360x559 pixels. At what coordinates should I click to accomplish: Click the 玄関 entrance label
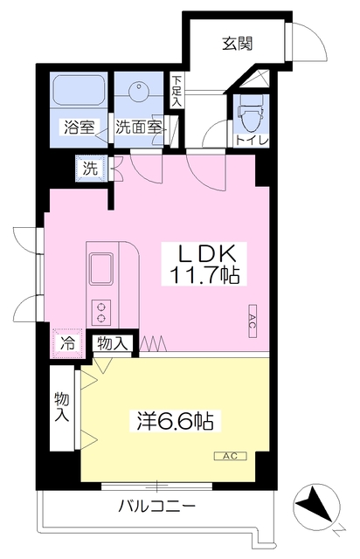pos(237,44)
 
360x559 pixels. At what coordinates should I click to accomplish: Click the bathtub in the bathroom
pos(79,91)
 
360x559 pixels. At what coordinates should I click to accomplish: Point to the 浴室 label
pos(79,128)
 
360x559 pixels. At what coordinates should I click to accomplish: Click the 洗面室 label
pos(138,128)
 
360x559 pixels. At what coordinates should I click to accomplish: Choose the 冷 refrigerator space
pos(66,343)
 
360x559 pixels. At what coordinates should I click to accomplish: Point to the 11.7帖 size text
pos(206,277)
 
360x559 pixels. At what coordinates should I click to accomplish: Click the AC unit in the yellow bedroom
pos(231,455)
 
